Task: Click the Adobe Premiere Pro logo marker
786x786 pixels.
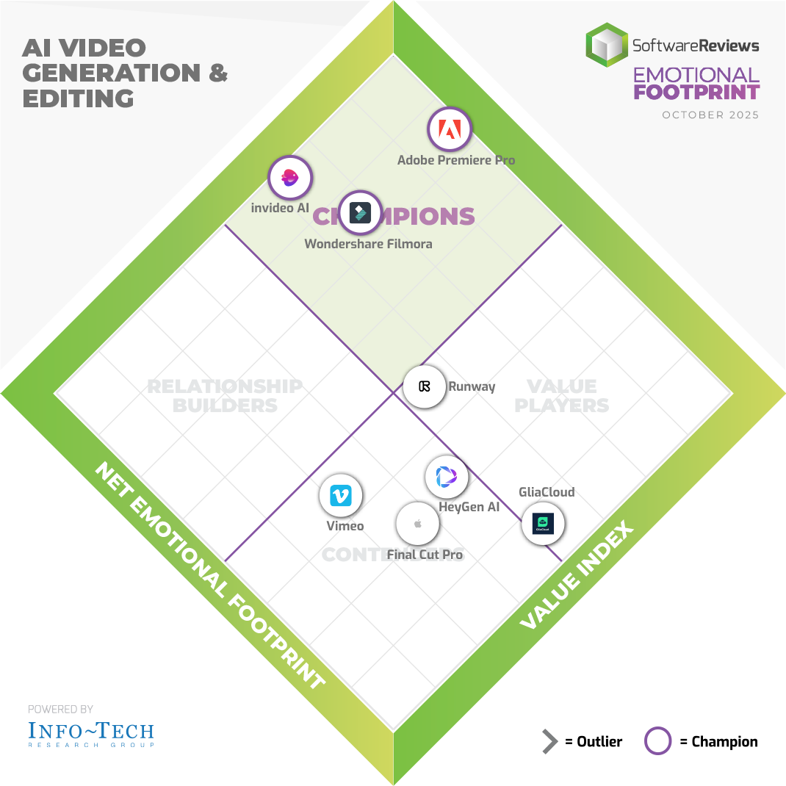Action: (449, 130)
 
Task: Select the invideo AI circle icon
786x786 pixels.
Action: (290, 177)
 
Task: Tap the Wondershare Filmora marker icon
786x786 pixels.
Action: (360, 212)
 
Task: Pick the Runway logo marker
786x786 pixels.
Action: (425, 386)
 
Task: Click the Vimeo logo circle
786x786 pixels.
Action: (341, 495)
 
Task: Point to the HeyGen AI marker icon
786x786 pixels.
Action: (447, 477)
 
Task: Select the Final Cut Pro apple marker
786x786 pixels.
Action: (417, 524)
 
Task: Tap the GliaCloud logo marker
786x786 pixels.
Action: (544, 524)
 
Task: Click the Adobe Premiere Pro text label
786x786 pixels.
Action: (456, 160)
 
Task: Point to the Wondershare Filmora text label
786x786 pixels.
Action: (368, 244)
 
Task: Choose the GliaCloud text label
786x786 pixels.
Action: (547, 492)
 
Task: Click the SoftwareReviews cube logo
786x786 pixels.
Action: (606, 45)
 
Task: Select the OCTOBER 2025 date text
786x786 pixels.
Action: (710, 115)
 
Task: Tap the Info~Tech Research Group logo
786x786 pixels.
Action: (91, 733)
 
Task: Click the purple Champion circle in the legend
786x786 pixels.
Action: (657, 741)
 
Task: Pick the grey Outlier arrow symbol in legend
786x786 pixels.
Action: (549, 742)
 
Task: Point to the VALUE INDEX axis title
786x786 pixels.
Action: (577, 576)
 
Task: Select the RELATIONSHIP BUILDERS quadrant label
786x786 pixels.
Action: (224, 395)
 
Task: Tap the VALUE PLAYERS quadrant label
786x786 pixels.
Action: (562, 395)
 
